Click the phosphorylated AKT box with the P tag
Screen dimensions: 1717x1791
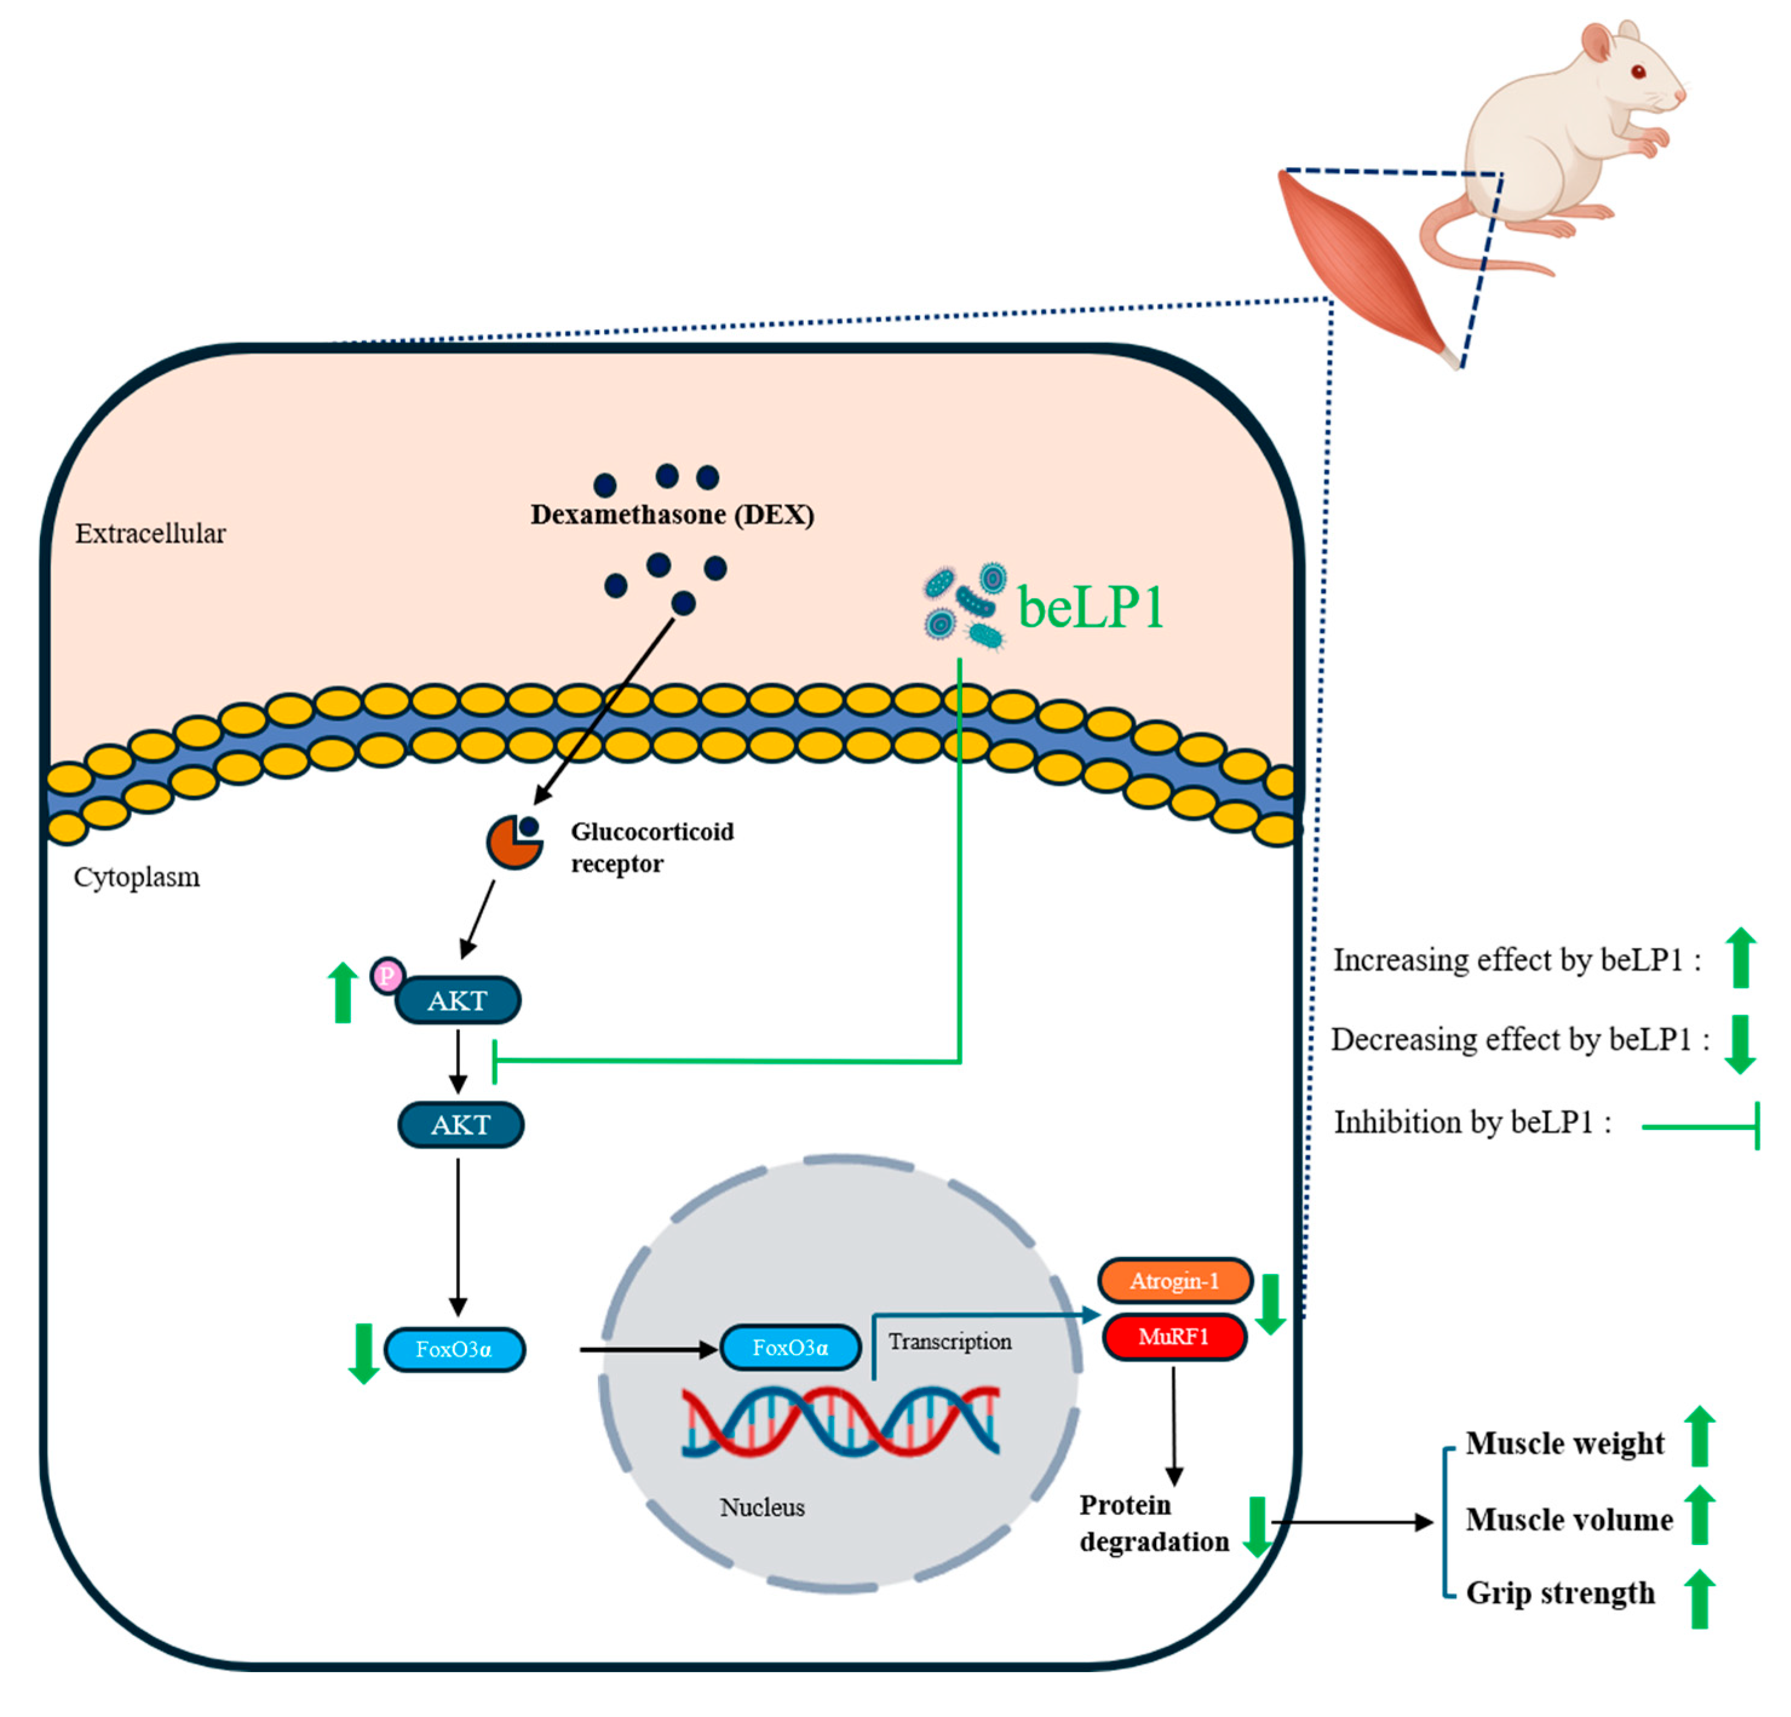tap(458, 1000)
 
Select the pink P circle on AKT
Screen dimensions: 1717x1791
tap(387, 975)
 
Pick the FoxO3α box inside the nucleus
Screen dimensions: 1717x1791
tap(790, 1348)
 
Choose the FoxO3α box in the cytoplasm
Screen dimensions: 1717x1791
tap(454, 1350)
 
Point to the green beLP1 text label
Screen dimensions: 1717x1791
tap(1090, 607)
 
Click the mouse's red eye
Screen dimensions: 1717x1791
tap(1638, 71)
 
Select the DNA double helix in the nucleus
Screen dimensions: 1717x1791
tap(841, 1421)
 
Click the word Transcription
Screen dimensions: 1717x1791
tap(950, 1341)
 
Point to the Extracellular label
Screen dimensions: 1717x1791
tap(150, 534)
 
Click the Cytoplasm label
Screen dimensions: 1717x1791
tap(136, 877)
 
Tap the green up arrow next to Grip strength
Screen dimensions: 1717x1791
tap(1699, 1599)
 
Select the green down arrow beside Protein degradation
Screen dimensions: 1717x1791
tap(1257, 1528)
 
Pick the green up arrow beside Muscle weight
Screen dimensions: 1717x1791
tap(1699, 1436)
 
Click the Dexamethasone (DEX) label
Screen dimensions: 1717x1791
tap(672, 514)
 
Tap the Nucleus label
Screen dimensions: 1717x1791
tap(761, 1508)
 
